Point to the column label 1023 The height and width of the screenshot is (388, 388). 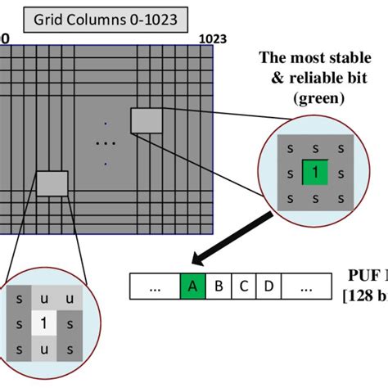(x=212, y=38)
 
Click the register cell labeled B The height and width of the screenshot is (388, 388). (x=219, y=287)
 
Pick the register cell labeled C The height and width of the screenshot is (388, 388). (x=243, y=287)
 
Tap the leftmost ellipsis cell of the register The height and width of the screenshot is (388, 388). (x=154, y=287)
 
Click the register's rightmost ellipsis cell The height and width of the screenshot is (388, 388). (x=305, y=287)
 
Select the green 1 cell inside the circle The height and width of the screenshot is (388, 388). (x=314, y=173)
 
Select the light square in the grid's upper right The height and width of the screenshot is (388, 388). (x=147, y=120)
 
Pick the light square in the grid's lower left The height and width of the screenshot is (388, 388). (x=52, y=183)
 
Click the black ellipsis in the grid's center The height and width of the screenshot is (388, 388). (x=105, y=142)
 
